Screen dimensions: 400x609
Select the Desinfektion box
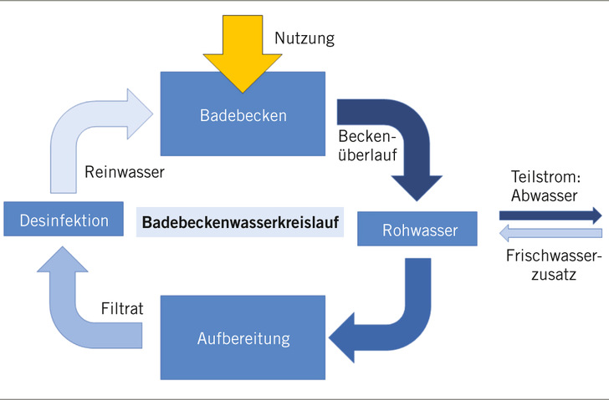[x=64, y=220]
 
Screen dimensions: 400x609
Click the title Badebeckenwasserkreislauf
[x=240, y=223]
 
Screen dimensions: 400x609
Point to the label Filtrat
[x=122, y=309]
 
